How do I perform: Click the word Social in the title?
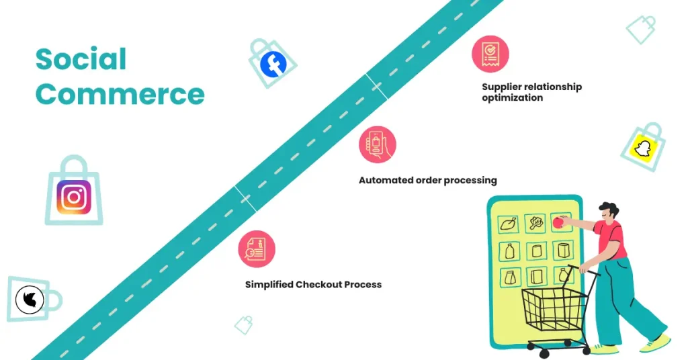point(81,59)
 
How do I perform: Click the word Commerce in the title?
point(120,93)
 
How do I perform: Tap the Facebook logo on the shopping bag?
point(273,64)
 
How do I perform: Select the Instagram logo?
point(74,197)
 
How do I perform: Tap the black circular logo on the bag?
point(30,300)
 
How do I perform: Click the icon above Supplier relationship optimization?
point(490,54)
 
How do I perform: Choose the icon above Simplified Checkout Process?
point(257,249)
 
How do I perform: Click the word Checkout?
point(319,285)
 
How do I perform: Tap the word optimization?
point(512,98)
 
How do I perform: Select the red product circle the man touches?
point(557,220)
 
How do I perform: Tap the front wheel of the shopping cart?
point(531,349)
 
